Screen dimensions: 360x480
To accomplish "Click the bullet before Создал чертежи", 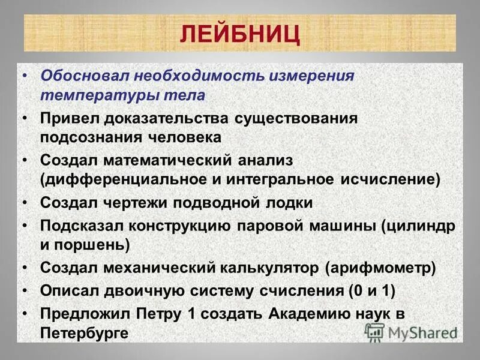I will click(25, 202).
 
